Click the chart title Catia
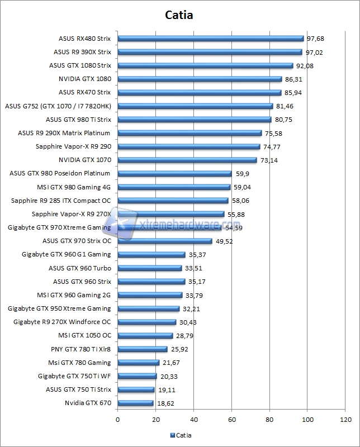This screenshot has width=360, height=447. (x=179, y=15)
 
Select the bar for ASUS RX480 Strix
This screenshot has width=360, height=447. (x=210, y=39)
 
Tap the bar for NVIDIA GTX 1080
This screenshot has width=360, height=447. (x=200, y=79)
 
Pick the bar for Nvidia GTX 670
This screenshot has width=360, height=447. (x=135, y=403)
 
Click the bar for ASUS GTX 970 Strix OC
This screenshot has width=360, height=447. (x=165, y=241)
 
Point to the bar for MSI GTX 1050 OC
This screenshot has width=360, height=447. (x=145, y=336)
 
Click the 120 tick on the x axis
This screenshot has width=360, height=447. (x=345, y=419)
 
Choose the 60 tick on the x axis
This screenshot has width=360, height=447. (x=231, y=419)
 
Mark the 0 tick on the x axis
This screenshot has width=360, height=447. (x=117, y=419)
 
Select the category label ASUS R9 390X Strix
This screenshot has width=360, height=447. (x=82, y=52)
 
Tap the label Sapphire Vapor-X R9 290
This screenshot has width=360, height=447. (x=73, y=146)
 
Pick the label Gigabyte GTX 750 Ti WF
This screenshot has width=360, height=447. (x=74, y=376)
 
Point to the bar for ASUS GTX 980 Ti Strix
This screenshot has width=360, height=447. (x=194, y=120)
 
